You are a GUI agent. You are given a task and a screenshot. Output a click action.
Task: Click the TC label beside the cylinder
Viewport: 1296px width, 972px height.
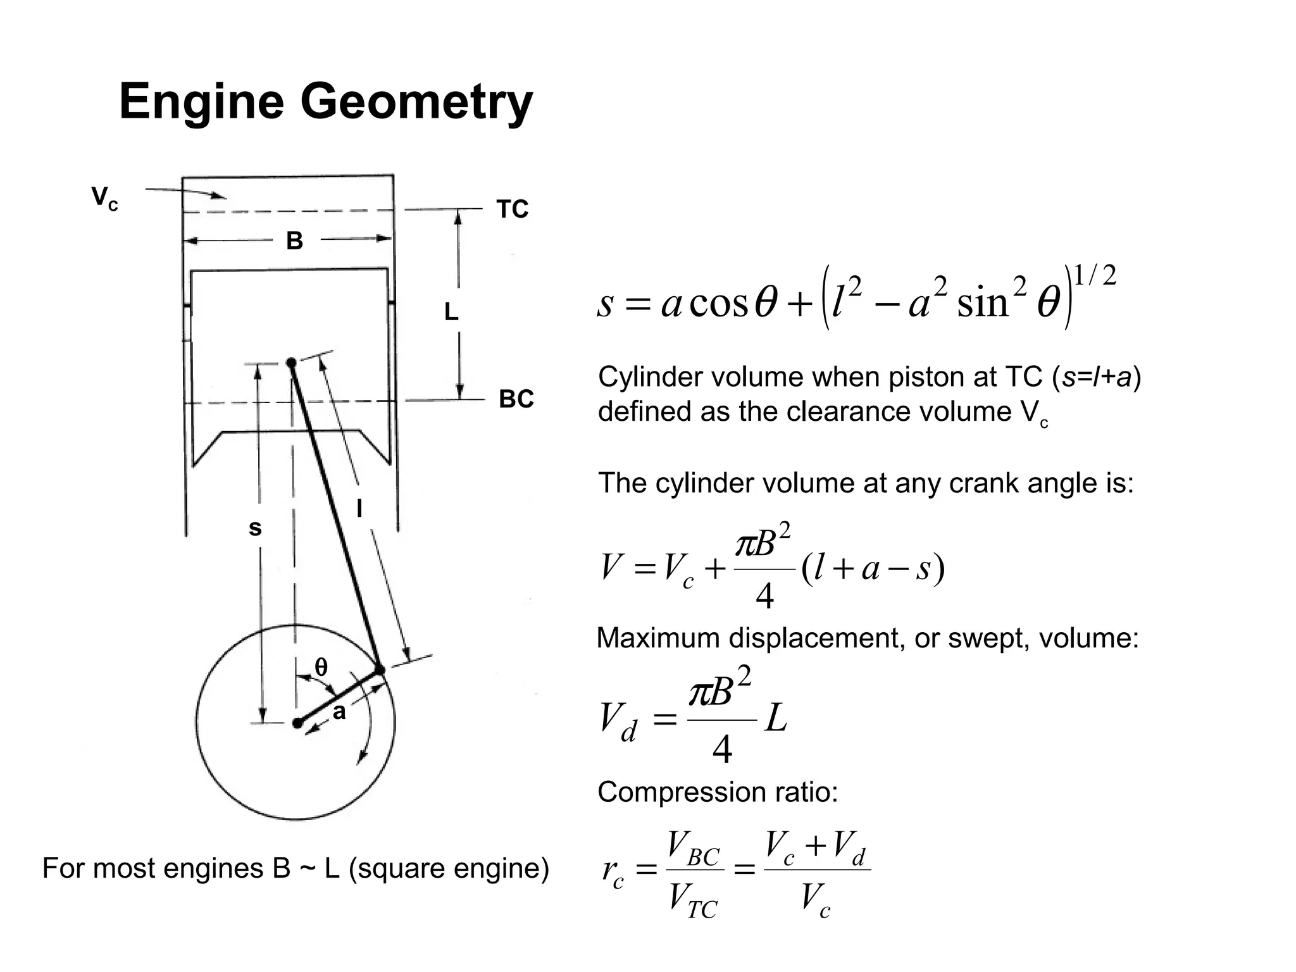pyautogui.click(x=512, y=209)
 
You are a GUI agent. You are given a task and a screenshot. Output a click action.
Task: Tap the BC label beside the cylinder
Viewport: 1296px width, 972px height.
pyautogui.click(x=516, y=399)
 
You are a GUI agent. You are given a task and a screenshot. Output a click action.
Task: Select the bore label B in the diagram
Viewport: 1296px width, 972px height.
pyautogui.click(x=294, y=241)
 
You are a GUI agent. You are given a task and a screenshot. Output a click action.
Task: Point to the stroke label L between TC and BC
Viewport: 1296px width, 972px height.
pyautogui.click(x=451, y=312)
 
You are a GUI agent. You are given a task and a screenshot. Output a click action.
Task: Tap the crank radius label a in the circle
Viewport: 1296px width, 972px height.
pyautogui.click(x=339, y=712)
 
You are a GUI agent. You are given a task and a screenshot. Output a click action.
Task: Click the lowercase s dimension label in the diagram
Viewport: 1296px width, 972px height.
pyautogui.click(x=254, y=528)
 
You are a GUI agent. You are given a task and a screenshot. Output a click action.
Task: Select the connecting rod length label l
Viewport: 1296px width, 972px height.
pyautogui.click(x=359, y=508)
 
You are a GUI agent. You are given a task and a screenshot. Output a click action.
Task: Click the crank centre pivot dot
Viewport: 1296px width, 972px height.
pyautogui.click(x=297, y=723)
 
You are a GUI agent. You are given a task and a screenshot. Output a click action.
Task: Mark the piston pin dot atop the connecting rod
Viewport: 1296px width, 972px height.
pyautogui.click(x=291, y=363)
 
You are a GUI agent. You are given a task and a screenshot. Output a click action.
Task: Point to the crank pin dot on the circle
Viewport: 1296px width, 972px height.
pyautogui.click(x=380, y=670)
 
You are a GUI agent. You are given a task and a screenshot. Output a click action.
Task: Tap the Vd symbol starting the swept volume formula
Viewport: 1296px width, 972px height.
pyautogui.click(x=618, y=722)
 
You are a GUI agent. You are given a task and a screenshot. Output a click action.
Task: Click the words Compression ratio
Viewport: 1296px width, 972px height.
pyautogui.click(x=718, y=792)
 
